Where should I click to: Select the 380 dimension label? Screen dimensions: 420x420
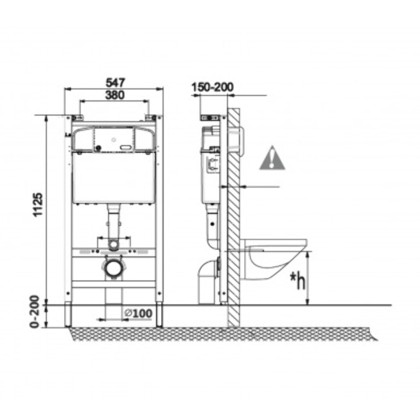(115, 95)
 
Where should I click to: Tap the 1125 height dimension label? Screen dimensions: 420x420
(38, 204)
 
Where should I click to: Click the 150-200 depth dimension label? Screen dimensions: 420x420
(213, 87)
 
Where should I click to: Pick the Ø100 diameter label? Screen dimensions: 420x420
(138, 314)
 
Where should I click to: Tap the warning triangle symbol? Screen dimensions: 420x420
(272, 158)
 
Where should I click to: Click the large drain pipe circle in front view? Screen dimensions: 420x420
(113, 267)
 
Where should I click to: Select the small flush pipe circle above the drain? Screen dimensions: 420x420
(113, 245)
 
